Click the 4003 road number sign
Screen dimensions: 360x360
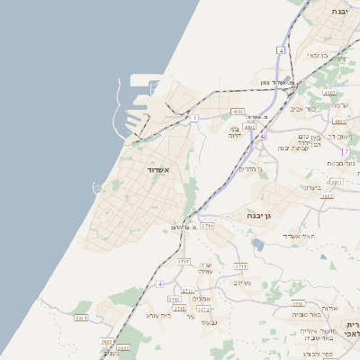coord(238,112)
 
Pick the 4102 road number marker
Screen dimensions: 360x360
coord(329,92)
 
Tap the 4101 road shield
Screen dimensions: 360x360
coord(339,120)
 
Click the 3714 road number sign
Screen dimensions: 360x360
coord(208,226)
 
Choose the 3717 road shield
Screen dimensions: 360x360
coord(184,260)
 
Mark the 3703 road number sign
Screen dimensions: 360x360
coord(241,266)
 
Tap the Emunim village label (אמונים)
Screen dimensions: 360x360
coord(202,298)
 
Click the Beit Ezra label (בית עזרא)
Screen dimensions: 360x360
coord(157,316)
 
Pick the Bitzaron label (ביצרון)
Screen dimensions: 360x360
coord(309,186)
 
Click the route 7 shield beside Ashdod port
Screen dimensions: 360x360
coord(193,118)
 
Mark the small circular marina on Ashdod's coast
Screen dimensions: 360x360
coord(97,187)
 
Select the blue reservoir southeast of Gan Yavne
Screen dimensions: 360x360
coord(259,245)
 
